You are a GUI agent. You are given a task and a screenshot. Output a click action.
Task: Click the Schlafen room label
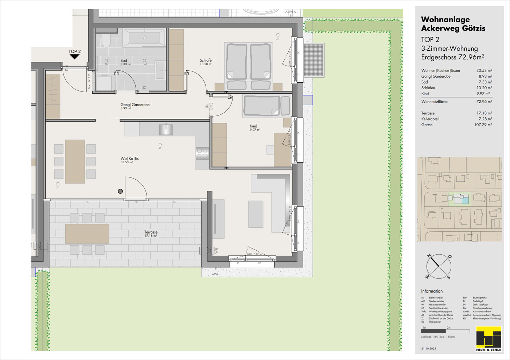pyautogui.click(x=206, y=60)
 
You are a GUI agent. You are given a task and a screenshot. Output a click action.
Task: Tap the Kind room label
pyautogui.click(x=253, y=126)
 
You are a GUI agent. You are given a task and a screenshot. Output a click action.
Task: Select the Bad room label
pyautogui.click(x=124, y=61)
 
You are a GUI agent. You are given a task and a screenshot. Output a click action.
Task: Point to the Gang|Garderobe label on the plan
pyautogui.click(x=135, y=105)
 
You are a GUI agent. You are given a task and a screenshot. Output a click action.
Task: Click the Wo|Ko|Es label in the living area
pyautogui.click(x=129, y=159)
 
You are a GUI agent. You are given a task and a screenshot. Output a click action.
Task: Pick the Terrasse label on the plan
pyautogui.click(x=151, y=232)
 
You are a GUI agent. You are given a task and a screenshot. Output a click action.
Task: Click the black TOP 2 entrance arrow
pyautogui.click(x=74, y=56)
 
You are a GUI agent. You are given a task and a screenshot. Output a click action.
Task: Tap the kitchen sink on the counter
pyautogui.click(x=166, y=129)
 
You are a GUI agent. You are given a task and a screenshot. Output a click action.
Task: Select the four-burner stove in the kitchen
pyautogui.click(x=202, y=153)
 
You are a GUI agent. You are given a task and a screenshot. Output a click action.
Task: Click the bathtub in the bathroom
pyautogui.click(x=144, y=38)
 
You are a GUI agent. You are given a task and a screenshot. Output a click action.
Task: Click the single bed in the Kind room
pyautogui.click(x=266, y=105)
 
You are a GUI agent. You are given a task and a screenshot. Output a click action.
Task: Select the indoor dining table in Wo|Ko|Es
pyautogui.click(x=75, y=161)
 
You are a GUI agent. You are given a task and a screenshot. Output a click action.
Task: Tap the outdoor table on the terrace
pyautogui.click(x=87, y=234)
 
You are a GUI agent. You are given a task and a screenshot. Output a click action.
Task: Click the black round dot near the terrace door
pyautogui.click(x=120, y=191)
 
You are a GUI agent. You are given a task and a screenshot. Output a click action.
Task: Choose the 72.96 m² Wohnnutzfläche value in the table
pyautogui.click(x=484, y=102)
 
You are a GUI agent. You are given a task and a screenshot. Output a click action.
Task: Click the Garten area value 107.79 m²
pyautogui.click(x=483, y=125)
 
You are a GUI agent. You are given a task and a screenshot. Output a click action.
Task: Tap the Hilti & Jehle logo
pyautogui.click(x=488, y=339)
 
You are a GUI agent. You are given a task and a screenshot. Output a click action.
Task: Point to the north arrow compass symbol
pyautogui.click(x=439, y=266)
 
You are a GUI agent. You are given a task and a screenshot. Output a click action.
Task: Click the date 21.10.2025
pyautogui.click(x=428, y=349)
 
